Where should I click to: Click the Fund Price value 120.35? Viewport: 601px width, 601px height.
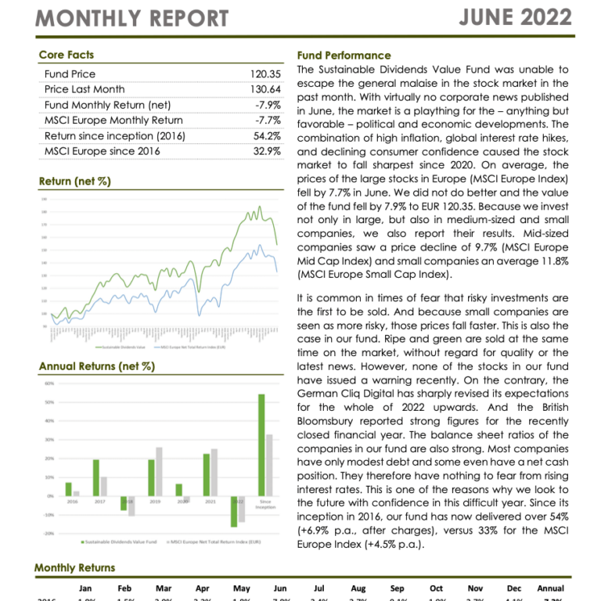265,74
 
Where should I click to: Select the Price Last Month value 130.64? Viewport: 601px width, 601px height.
265,89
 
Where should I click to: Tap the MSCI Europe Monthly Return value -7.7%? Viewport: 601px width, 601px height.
268,121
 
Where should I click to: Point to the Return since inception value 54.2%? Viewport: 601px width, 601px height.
266,136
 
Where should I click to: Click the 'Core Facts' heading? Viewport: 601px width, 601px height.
67,55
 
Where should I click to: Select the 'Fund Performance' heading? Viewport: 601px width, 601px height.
344,56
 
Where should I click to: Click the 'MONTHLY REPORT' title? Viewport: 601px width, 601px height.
132,18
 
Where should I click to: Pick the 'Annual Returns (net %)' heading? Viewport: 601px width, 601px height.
96,365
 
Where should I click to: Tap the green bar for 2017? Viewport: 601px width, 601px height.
96,477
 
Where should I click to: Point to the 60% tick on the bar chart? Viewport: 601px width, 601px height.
49,383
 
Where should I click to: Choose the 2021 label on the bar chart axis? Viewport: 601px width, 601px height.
207,501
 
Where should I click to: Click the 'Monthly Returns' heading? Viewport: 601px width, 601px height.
74,567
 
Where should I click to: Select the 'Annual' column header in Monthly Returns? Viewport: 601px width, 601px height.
550,588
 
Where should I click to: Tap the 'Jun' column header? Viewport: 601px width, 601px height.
279,588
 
